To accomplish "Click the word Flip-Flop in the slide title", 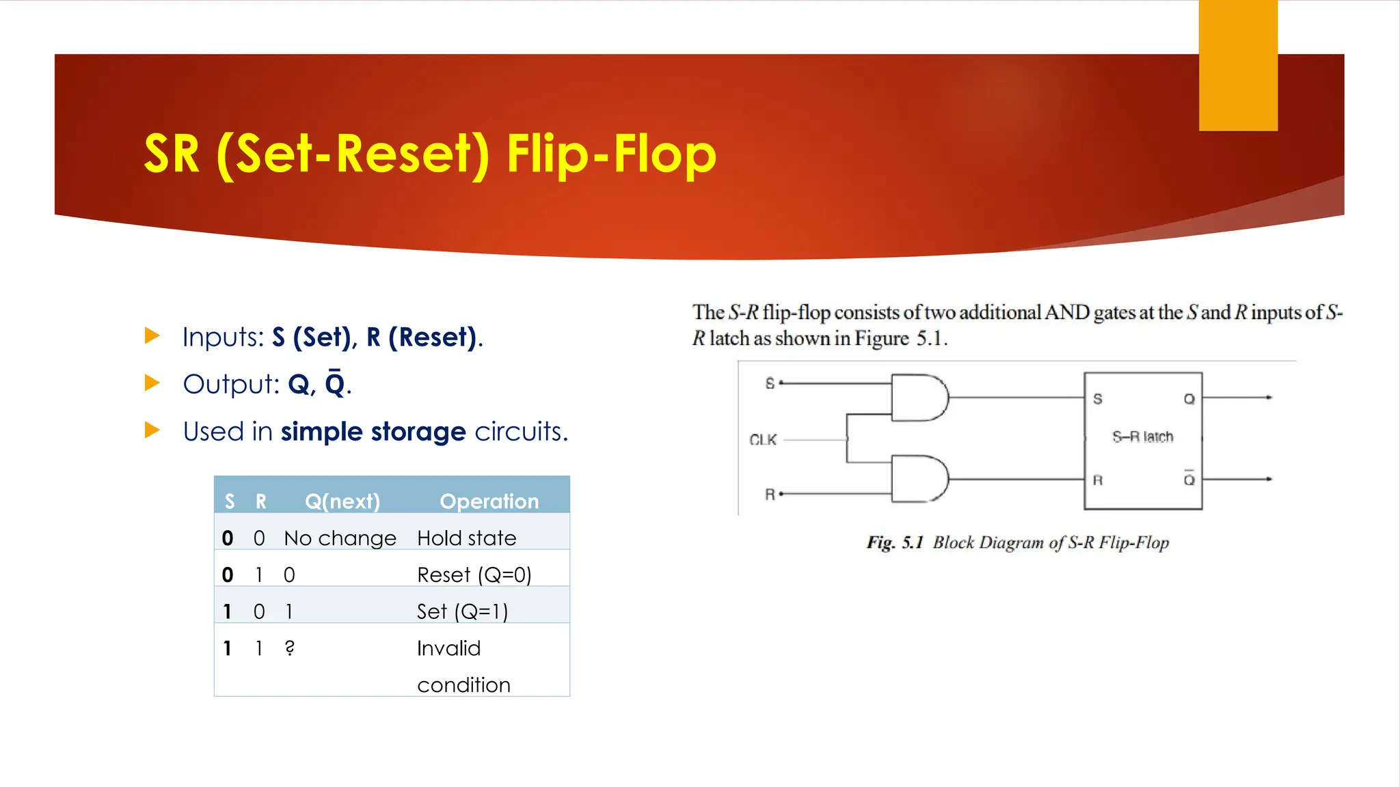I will pos(611,154).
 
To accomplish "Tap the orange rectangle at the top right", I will pos(1238,66).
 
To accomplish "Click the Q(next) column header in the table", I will pos(342,501).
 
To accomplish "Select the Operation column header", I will pos(489,501).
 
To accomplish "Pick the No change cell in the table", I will pos(340,538).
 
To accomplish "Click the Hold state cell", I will pos(466,538).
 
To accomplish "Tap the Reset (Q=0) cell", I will pos(474,575).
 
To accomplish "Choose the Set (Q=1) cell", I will pos(462,611).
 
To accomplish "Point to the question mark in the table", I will pos(290,648).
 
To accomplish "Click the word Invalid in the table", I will pos(448,648).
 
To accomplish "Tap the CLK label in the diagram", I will pos(763,440).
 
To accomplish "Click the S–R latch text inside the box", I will pos(1142,437).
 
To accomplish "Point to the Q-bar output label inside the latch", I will pos(1189,478).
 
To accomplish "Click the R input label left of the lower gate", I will pos(770,494).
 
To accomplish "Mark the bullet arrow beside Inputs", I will pos(152,335).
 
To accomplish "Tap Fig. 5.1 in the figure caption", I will pos(894,543).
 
